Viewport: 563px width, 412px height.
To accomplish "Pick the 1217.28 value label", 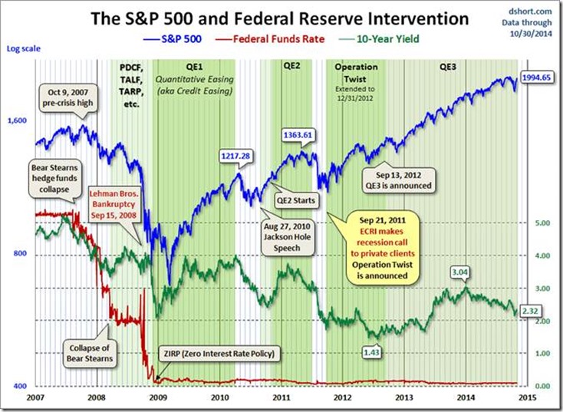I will coord(235,156).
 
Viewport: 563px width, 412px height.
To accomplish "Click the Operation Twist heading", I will coord(357,73).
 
